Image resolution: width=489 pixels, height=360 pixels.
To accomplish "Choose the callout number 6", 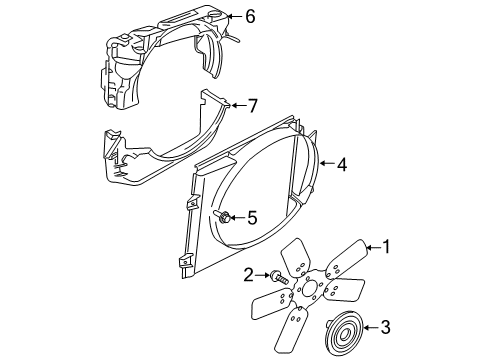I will coord(250,16).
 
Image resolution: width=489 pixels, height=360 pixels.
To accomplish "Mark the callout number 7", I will coord(252,104).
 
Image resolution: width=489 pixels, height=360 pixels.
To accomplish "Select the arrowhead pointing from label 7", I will coord(231,104).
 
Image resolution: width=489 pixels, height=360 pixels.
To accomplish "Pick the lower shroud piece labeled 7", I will coord(160,150).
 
